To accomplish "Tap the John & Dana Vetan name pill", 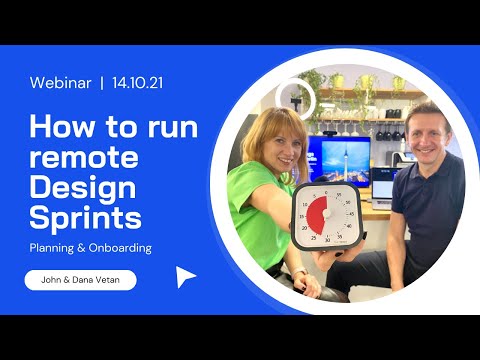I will point(80,280).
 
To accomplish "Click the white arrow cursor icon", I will point(185,277).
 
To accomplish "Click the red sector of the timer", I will point(316,215).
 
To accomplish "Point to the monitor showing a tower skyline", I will point(340,160).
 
